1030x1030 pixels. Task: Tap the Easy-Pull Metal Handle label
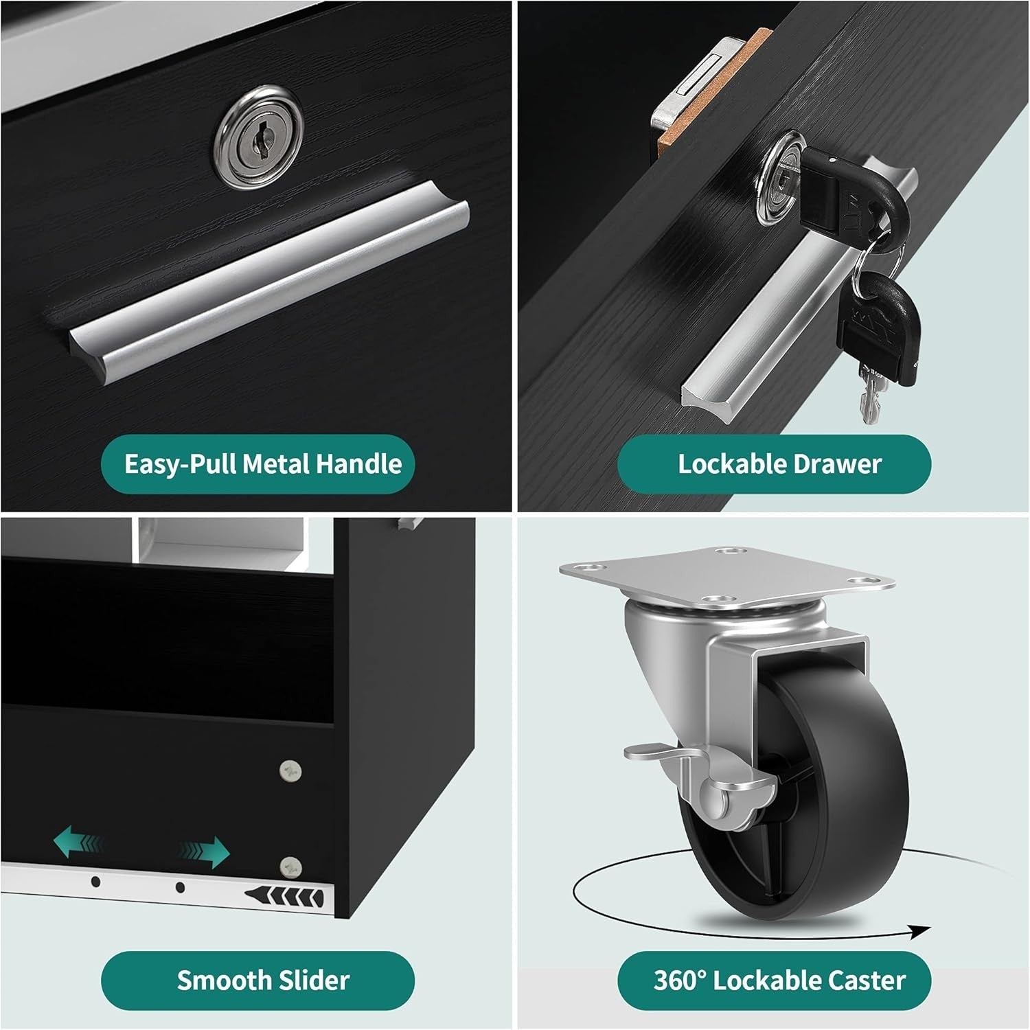(x=263, y=464)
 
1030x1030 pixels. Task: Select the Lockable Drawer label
(x=779, y=464)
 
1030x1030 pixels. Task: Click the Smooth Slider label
(x=263, y=980)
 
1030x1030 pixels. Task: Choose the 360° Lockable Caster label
(x=779, y=980)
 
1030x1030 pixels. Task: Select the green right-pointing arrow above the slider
(x=205, y=851)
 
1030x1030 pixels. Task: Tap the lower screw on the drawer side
(x=291, y=867)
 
